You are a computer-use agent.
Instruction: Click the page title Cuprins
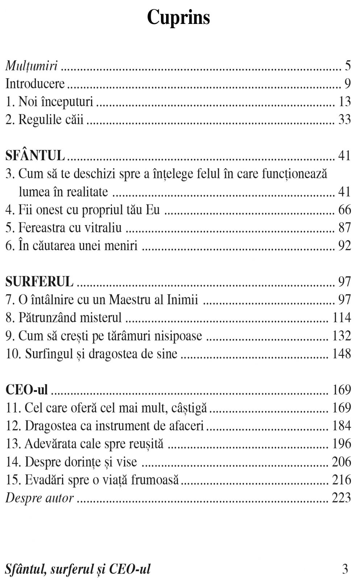tap(178, 17)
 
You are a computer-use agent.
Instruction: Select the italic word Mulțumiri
tap(32, 66)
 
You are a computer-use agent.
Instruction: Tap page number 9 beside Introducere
tap(347, 84)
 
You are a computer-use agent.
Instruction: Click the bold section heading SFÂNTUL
tap(35, 156)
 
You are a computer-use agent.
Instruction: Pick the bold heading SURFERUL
tap(39, 281)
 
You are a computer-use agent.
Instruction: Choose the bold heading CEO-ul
tap(26, 390)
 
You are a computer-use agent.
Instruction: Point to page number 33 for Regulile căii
tap(344, 119)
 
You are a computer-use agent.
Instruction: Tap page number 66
tap(344, 210)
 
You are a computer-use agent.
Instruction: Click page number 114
tap(342, 318)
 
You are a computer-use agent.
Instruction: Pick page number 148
tap(342, 353)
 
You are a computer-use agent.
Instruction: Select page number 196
tap(342, 444)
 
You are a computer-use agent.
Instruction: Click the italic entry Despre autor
tap(40, 498)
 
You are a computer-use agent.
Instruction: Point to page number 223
tap(342, 498)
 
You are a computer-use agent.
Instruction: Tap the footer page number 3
tap(345, 569)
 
